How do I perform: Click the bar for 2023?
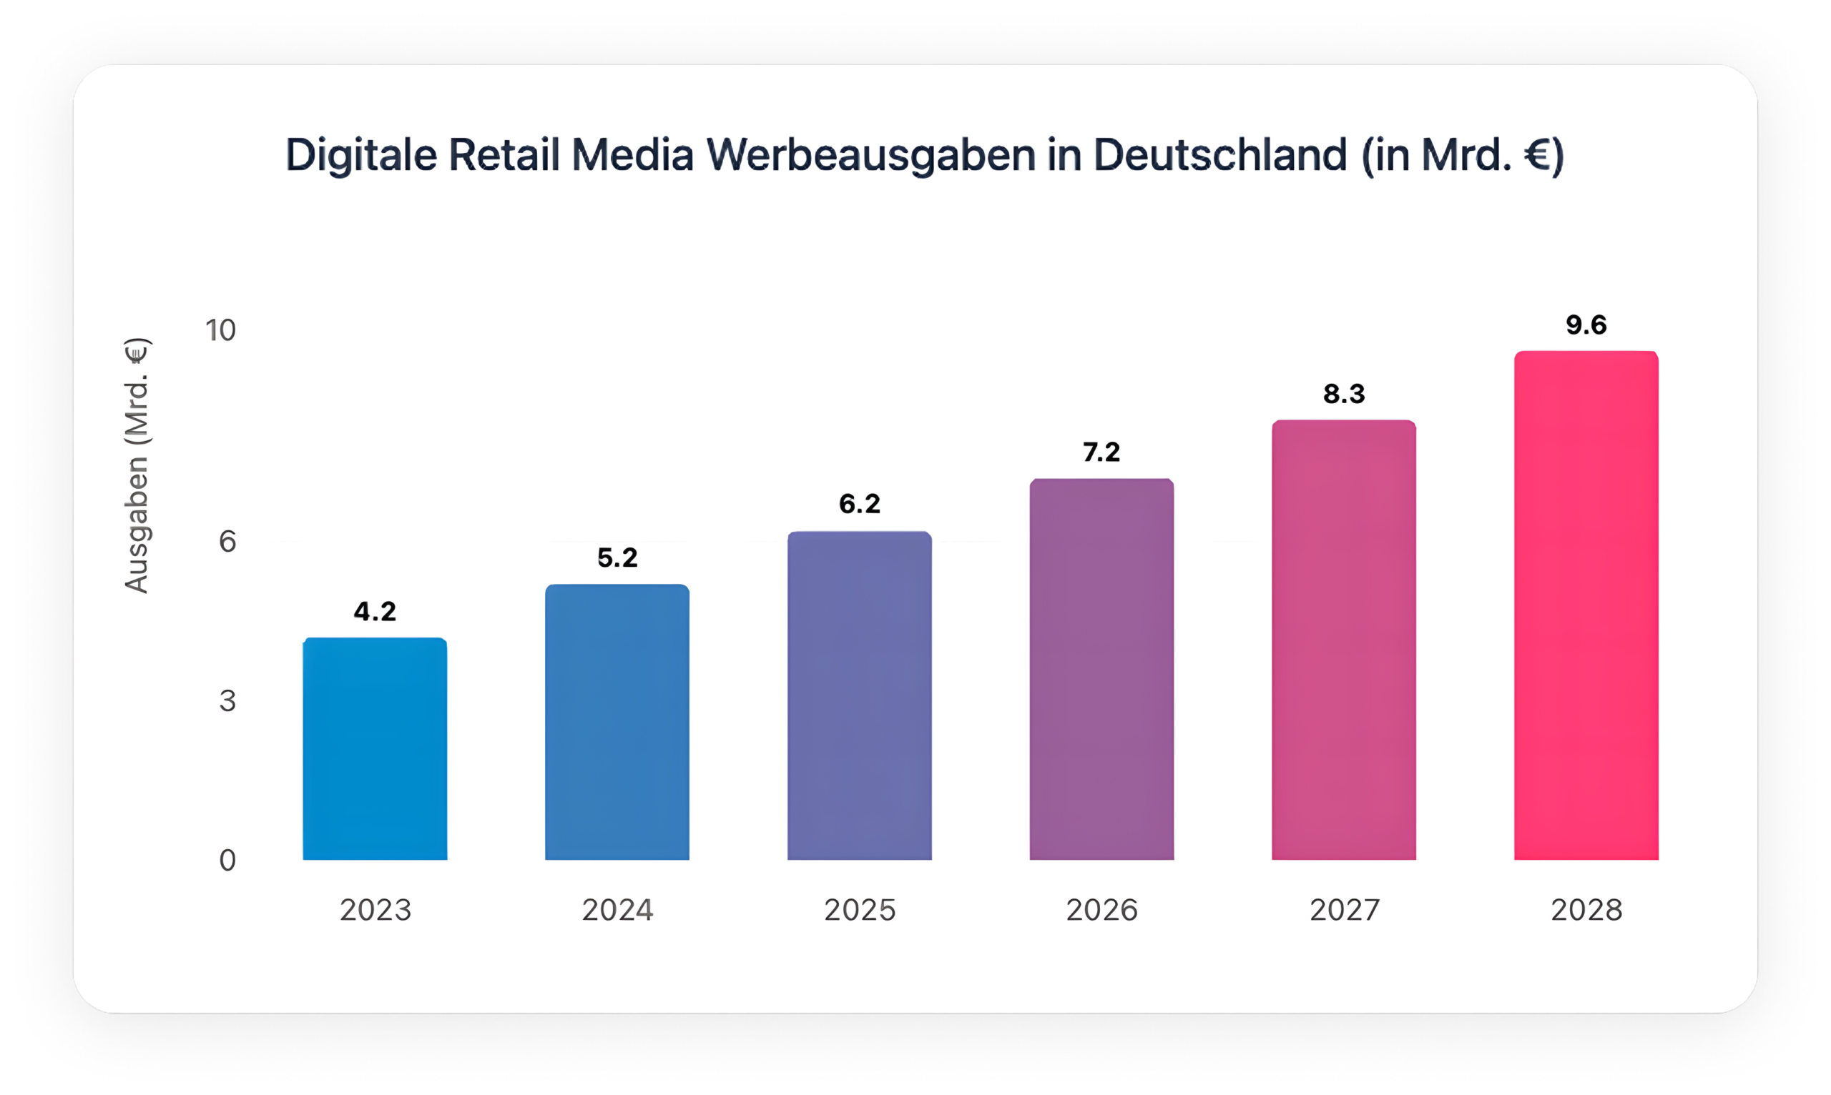(x=374, y=748)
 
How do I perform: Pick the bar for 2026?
(x=1101, y=668)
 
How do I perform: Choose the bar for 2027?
(x=1344, y=639)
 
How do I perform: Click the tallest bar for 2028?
(x=1586, y=605)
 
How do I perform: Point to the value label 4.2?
(x=374, y=611)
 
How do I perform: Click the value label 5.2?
(x=617, y=558)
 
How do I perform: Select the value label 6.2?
(x=860, y=504)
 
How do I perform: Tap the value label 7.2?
(x=1101, y=452)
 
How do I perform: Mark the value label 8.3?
(x=1344, y=394)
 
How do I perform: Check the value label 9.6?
(x=1586, y=325)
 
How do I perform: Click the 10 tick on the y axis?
(x=221, y=330)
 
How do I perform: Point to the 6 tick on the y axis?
(x=227, y=542)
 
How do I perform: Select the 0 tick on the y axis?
(x=227, y=861)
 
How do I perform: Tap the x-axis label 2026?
(x=1101, y=910)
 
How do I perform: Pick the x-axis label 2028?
(x=1586, y=910)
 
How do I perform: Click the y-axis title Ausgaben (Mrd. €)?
(x=137, y=465)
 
